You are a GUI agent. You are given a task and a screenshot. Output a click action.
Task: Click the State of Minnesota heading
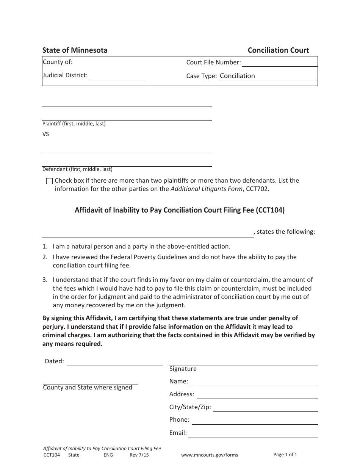coord(75,50)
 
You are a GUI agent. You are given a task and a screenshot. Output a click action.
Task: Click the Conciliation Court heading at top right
coord(278,50)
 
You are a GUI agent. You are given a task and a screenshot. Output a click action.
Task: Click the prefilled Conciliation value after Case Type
coord(237,76)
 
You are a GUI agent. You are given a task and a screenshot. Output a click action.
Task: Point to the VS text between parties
coord(45,134)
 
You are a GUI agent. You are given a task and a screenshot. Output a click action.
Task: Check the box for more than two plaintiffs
coord(49,181)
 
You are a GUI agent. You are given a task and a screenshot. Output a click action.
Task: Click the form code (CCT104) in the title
coord(270,210)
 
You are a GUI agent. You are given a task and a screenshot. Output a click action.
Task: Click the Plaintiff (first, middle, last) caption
coord(74,124)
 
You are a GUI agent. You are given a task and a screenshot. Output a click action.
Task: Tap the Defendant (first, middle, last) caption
coord(77,169)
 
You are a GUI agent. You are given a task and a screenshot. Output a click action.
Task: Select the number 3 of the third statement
coord(44,280)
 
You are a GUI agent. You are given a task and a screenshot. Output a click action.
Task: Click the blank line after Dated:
coord(114,362)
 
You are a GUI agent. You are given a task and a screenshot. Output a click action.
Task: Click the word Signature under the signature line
coord(183,369)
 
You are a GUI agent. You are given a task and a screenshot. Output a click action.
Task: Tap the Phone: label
coord(179,420)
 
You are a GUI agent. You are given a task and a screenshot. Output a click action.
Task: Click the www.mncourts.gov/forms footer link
coord(210,455)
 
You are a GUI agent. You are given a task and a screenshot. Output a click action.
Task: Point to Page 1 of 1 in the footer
coord(285,455)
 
